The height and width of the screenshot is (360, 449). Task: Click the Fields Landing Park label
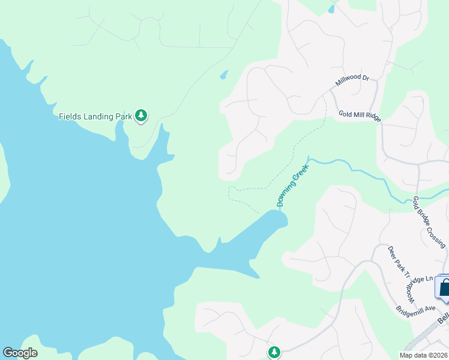pyautogui.click(x=95, y=116)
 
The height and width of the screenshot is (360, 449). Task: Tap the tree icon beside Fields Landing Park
pyautogui.click(x=141, y=115)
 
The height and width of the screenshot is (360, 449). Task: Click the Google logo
pyautogui.click(x=20, y=353)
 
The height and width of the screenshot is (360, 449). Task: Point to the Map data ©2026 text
pyautogui.click(x=423, y=355)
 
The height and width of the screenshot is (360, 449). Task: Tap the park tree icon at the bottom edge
pyautogui.click(x=274, y=352)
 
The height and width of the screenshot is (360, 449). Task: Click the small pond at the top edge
pyautogui.click(x=331, y=8)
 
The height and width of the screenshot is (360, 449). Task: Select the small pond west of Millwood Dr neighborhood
pyautogui.click(x=224, y=75)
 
